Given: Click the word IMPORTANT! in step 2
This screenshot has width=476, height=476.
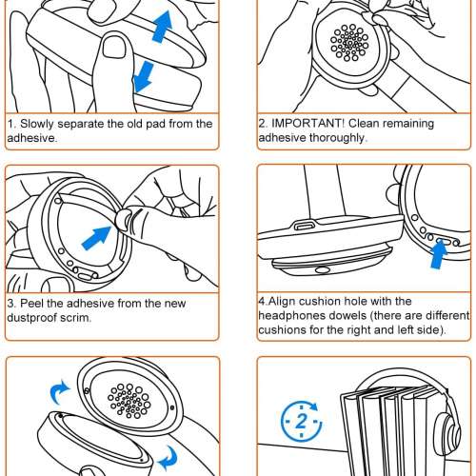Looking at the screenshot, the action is pyautogui.click(x=307, y=123).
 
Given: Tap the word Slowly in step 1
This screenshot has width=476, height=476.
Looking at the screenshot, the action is pyautogui.click(x=37, y=124).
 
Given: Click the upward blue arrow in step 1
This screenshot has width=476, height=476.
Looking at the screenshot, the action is pyautogui.click(x=162, y=27).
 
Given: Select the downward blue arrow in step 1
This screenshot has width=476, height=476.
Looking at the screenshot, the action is pyautogui.click(x=144, y=77).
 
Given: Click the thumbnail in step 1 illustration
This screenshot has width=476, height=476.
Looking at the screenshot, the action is pyautogui.click(x=114, y=47).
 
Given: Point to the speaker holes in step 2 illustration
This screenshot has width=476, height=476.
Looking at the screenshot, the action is pyautogui.click(x=349, y=42).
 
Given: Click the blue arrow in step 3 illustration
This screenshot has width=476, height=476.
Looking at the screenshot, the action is pyautogui.click(x=96, y=237).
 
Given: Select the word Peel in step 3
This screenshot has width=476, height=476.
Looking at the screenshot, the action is pyautogui.click(x=32, y=304).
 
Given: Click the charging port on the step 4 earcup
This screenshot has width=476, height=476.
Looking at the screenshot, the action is pyautogui.click(x=304, y=226).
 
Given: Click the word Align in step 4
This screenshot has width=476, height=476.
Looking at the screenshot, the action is pyautogui.click(x=283, y=301).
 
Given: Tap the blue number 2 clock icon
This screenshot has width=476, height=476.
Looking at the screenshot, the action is pyautogui.click(x=302, y=421).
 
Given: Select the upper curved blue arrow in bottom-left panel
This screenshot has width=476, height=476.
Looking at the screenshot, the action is pyautogui.click(x=60, y=392).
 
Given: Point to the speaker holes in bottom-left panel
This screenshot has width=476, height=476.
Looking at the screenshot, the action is pyautogui.click(x=129, y=401).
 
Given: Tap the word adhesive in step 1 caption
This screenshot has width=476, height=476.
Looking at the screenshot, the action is pyautogui.click(x=32, y=138).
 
